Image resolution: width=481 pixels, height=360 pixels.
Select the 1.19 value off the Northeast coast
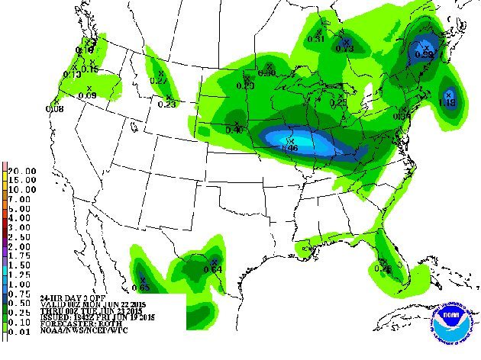pyautogui.click(x=447, y=101)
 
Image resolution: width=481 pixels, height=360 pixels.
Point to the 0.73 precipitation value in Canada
pyautogui.click(x=345, y=49)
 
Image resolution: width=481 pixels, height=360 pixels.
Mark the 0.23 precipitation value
pyautogui.click(x=166, y=104)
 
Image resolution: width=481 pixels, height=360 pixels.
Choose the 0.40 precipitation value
pyautogui.click(x=234, y=131)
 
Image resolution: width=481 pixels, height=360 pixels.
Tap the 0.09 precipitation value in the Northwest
pyautogui.click(x=87, y=95)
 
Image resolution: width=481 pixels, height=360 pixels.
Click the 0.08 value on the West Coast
pyautogui.click(x=55, y=108)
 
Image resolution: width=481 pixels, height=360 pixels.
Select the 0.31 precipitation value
pyautogui.click(x=316, y=39)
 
